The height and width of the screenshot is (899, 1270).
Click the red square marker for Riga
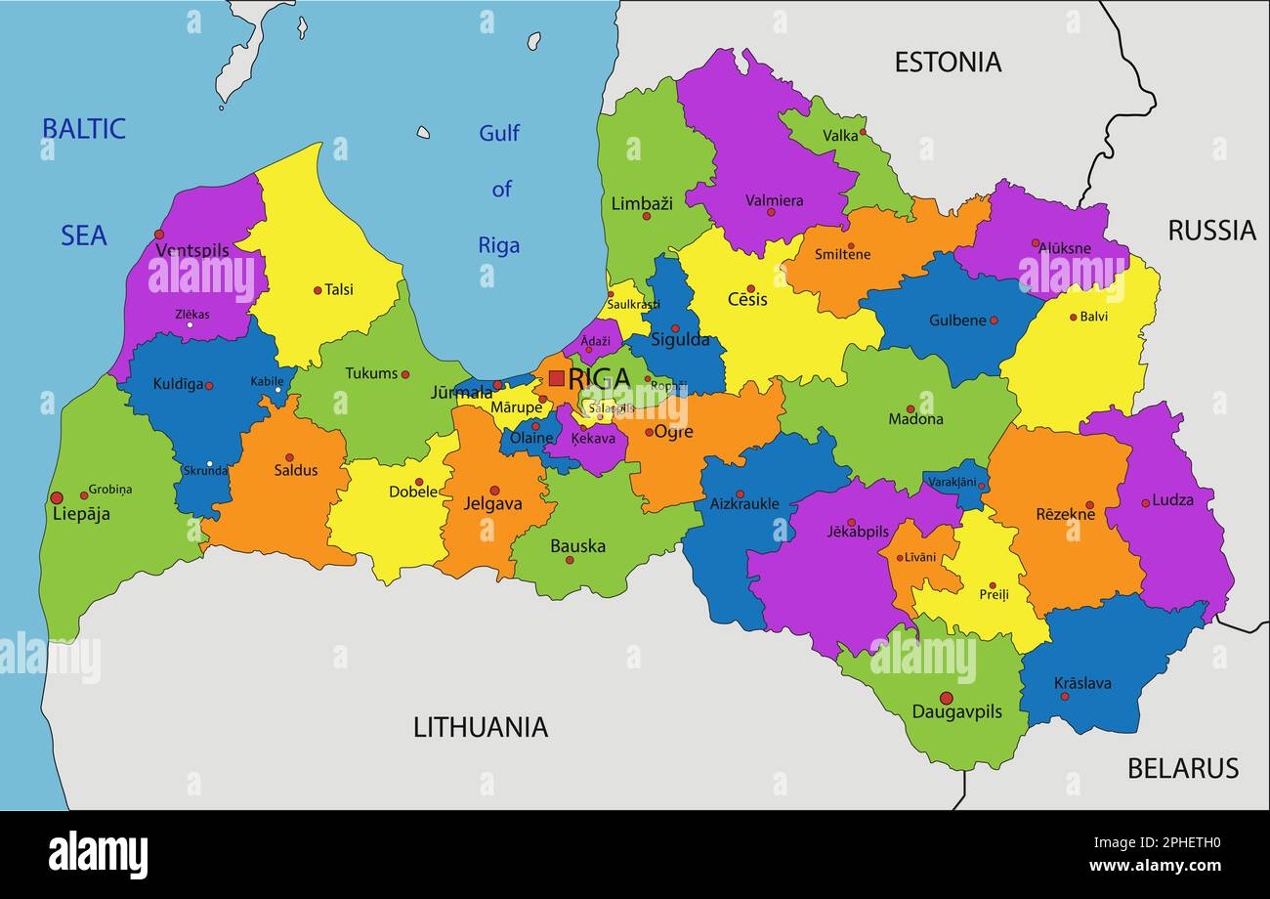coord(556,378)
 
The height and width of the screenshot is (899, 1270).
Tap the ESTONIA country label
coord(948,63)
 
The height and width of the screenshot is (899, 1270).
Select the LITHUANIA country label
coord(480,727)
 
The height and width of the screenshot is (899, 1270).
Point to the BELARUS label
coord(1182,769)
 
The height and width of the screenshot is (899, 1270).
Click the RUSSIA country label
coord(1211,231)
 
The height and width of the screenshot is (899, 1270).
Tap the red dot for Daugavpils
coord(946,698)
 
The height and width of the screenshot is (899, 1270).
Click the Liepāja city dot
coord(57,497)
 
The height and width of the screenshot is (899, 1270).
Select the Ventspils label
coord(192,251)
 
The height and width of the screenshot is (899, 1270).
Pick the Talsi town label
coord(339,290)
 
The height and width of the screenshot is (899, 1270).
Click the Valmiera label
coord(774,200)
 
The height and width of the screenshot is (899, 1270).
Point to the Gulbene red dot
coord(994,321)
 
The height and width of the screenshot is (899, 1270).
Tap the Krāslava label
coord(1082,683)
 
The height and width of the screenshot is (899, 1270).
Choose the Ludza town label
coord(1172,500)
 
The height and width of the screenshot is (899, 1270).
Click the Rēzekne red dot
coord(1089,505)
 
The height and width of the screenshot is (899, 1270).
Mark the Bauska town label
coord(577,546)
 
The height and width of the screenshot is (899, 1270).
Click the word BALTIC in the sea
coord(84,129)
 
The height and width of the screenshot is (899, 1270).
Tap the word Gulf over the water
coord(499,133)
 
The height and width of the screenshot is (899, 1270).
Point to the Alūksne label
coord(1064,249)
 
